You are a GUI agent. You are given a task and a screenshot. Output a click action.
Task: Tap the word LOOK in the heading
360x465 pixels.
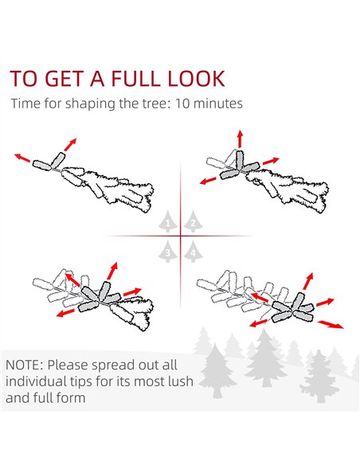196,79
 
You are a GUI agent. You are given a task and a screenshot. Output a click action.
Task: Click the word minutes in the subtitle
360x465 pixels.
218,104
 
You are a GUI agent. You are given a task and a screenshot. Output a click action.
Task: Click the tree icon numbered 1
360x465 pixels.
168,221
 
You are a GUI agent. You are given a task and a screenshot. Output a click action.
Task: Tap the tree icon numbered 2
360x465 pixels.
193,221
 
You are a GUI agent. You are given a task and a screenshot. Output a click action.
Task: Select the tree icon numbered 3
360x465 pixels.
168,252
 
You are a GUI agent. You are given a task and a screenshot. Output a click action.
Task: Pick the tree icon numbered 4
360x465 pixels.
193,252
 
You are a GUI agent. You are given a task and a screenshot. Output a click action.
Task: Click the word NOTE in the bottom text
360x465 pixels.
25,365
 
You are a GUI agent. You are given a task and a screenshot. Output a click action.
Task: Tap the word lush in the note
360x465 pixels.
181,381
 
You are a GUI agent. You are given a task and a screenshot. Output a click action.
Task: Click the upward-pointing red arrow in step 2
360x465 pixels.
240,139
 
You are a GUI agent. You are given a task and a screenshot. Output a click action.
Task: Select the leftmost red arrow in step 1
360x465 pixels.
22,158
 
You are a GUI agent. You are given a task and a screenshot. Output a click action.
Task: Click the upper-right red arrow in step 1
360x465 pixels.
70,144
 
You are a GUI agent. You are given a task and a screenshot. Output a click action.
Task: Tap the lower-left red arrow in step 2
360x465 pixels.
208,180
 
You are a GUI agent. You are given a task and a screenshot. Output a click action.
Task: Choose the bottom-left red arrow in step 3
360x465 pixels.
65,313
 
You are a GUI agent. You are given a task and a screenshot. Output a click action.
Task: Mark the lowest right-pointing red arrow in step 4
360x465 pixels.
331,324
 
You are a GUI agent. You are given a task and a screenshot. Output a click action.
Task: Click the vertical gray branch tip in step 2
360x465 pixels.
239,160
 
